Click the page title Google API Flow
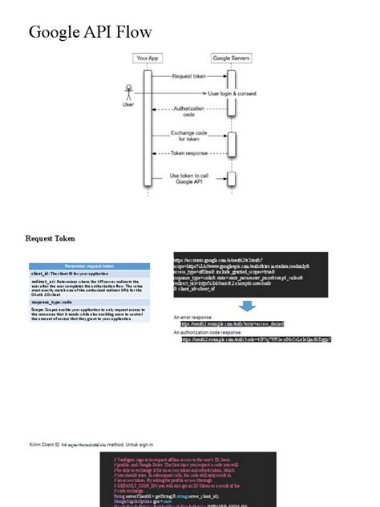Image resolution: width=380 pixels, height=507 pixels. (90, 33)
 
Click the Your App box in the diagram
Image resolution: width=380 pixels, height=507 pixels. (147, 59)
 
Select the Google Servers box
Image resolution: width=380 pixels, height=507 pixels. (230, 59)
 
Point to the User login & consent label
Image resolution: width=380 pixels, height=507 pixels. (232, 93)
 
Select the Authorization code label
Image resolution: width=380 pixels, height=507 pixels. (188, 111)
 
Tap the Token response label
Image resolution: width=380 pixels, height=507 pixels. (188, 152)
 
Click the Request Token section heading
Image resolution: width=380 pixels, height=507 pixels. (51, 238)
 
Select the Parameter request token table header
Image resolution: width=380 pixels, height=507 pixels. (90, 266)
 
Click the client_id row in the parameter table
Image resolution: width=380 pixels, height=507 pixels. (72, 274)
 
